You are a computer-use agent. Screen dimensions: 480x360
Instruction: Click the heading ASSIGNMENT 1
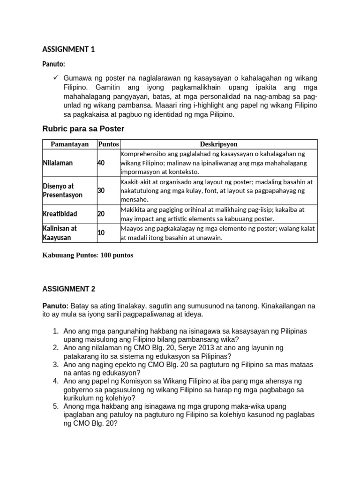coord(68,49)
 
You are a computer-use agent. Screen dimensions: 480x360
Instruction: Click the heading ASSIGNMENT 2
coord(68,289)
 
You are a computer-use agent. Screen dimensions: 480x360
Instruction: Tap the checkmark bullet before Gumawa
coord(55,77)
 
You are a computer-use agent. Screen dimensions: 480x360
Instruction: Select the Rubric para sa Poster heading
coord(83,128)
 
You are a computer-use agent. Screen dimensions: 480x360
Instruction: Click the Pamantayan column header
coord(70,144)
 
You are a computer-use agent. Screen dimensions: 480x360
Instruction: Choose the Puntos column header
coord(108,144)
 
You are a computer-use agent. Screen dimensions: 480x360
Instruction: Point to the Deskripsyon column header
coord(218,144)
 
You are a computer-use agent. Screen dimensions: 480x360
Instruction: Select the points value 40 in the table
coord(101,163)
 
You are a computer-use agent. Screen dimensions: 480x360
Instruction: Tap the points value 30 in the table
coord(101,191)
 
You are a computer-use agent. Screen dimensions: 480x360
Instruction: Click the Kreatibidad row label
coord(60,214)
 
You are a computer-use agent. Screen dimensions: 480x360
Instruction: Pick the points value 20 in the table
coord(101,214)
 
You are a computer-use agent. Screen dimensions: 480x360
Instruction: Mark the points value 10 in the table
coord(101,232)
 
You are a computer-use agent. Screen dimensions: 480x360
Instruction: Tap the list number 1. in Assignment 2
coord(55,331)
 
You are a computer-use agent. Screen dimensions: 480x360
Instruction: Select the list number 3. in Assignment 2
coord(55,364)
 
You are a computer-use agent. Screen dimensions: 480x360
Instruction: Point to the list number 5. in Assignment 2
coord(55,406)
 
